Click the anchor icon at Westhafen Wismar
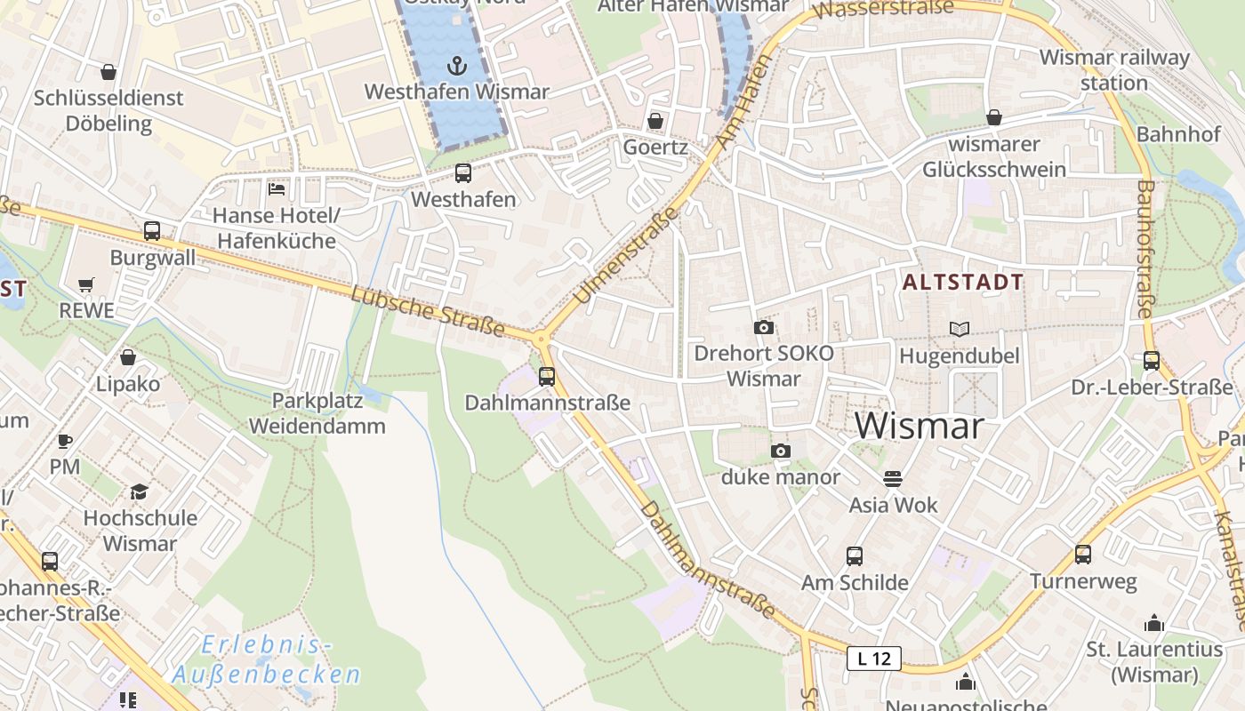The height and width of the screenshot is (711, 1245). tap(456, 66)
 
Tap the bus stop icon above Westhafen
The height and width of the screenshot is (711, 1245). tap(462, 173)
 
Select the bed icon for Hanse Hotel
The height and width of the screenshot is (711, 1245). tap(277, 188)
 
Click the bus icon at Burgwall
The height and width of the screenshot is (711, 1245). tap(152, 231)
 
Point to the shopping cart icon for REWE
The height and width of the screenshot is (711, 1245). tap(86, 285)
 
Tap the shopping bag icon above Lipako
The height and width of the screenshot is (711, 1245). tap(128, 357)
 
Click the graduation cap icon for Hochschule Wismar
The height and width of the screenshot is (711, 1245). tap(139, 492)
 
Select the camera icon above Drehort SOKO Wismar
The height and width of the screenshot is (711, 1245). tap(763, 327)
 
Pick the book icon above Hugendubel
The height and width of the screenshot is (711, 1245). tap(959, 330)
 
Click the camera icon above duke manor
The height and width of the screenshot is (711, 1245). tap(780, 451)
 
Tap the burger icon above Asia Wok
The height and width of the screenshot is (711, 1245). tap(893, 478)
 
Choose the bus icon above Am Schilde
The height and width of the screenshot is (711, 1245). tap(854, 556)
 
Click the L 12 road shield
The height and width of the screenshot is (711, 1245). tap(873, 659)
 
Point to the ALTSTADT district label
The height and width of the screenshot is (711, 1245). tap(963, 283)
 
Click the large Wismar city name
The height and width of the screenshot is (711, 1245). tap(920, 426)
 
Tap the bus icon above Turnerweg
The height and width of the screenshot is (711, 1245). tap(1082, 555)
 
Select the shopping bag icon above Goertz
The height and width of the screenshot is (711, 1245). tap(655, 121)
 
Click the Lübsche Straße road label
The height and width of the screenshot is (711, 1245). tap(428, 311)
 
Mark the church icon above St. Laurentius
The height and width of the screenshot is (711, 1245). tap(1154, 623)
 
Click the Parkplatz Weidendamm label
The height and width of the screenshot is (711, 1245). tap(317, 413)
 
